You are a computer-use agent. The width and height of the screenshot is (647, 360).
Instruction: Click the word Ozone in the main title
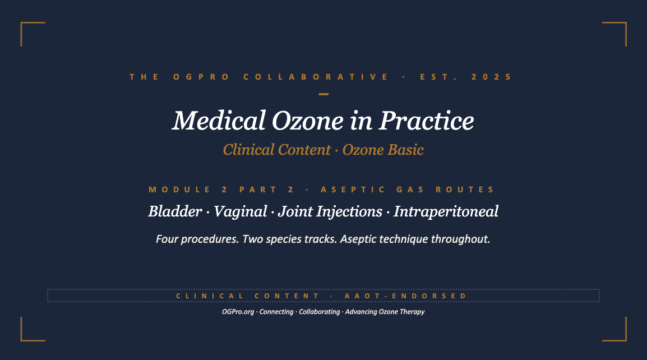(307, 121)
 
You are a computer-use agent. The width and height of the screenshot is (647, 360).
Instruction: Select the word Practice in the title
(426, 121)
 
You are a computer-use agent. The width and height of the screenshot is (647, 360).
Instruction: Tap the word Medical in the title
(219, 121)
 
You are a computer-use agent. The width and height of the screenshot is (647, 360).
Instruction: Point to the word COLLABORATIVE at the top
(316, 77)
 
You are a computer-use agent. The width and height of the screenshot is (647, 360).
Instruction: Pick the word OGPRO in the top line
(201, 77)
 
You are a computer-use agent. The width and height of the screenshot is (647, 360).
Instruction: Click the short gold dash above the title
(323, 94)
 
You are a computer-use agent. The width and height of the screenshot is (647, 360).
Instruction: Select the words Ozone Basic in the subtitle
(383, 150)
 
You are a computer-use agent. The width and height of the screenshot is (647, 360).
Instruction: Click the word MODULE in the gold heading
(180, 190)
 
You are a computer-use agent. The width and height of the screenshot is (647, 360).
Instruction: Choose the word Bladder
(175, 211)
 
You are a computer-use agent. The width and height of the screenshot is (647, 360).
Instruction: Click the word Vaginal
(240, 212)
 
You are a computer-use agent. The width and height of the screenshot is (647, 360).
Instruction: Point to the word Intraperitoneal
(446, 212)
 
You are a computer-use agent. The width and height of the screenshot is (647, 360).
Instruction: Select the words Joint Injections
(330, 212)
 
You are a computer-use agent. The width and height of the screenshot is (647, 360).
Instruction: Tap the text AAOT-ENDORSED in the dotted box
(405, 296)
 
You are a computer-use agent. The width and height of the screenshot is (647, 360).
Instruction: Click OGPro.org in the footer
(238, 312)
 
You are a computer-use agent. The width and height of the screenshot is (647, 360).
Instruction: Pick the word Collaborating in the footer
(320, 312)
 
